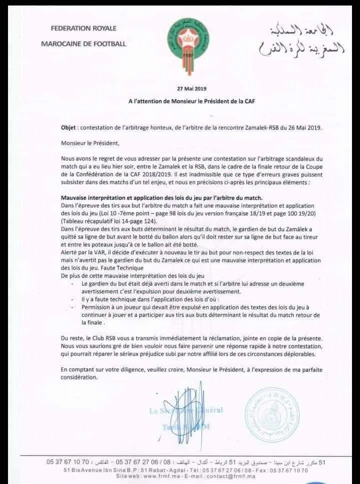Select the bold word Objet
[69, 127]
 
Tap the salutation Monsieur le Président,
[90, 143]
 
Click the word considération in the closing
[82, 378]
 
